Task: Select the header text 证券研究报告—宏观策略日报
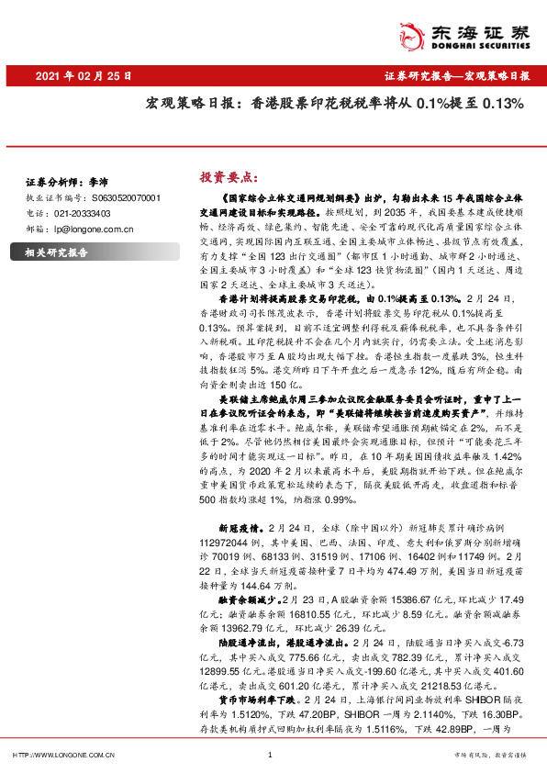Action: pos(457,76)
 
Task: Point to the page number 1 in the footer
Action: pos(271,755)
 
